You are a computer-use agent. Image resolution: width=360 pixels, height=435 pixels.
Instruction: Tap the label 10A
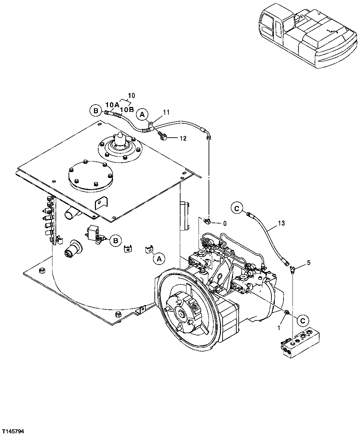pos(113,105)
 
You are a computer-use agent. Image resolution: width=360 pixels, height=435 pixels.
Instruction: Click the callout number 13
pos(281,224)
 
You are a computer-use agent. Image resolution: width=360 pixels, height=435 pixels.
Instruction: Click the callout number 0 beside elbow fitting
pos(225,224)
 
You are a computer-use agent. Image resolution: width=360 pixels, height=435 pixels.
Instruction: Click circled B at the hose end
pos(96,110)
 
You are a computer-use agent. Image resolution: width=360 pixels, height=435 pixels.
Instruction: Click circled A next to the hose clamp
pos(142,115)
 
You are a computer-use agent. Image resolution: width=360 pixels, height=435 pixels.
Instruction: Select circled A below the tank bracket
pos(159,258)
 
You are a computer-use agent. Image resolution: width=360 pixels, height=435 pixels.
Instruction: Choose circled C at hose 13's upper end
pos(237,209)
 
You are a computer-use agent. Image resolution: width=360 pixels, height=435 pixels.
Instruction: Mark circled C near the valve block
pos(303,320)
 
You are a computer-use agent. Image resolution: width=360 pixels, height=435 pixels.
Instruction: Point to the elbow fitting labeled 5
pos(292,268)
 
